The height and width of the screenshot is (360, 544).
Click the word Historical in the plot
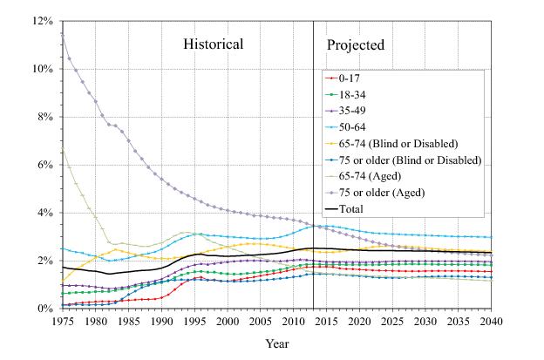pyautogui.click(x=213, y=44)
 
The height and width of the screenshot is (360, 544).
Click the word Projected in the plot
pyautogui.click(x=355, y=44)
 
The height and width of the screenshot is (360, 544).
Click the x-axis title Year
pyautogui.click(x=278, y=344)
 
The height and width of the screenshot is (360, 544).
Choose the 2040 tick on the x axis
pyautogui.click(x=493, y=322)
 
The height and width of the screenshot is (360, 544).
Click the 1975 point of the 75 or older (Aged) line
pyautogui.click(x=62, y=33)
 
